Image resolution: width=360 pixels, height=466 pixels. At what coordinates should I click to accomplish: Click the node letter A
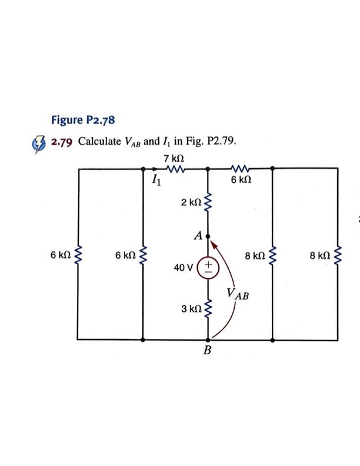198,235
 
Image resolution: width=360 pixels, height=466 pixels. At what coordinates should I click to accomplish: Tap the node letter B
207,351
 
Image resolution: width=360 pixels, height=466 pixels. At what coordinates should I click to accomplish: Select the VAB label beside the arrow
237,294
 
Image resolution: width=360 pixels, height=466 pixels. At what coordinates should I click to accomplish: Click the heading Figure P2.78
83,121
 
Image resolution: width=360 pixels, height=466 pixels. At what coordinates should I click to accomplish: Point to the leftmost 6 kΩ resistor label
61,255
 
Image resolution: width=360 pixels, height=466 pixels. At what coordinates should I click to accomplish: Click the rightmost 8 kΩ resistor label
320,255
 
